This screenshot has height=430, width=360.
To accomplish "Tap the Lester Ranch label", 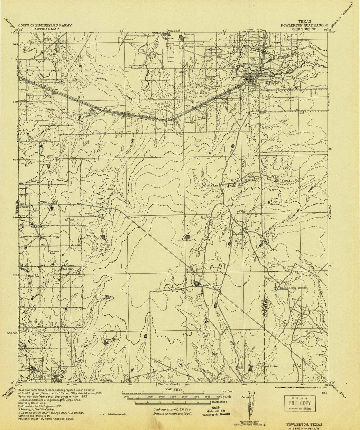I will pyautogui.click(x=212, y=285).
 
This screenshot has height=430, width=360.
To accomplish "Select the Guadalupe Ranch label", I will pyautogui.click(x=292, y=288).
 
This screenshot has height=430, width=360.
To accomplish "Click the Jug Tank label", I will pyautogui.click(x=112, y=340).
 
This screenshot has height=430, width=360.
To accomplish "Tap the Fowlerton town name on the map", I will pyautogui.click(x=273, y=81).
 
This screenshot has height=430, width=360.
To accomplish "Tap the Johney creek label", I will pyautogui.click(x=101, y=79).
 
